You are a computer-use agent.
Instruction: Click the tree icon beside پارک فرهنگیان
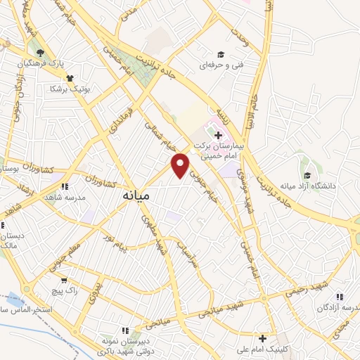click(40, 53)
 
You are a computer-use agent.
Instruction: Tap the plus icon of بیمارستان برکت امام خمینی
click(219, 136)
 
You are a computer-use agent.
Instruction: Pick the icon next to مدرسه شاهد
click(64, 187)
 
